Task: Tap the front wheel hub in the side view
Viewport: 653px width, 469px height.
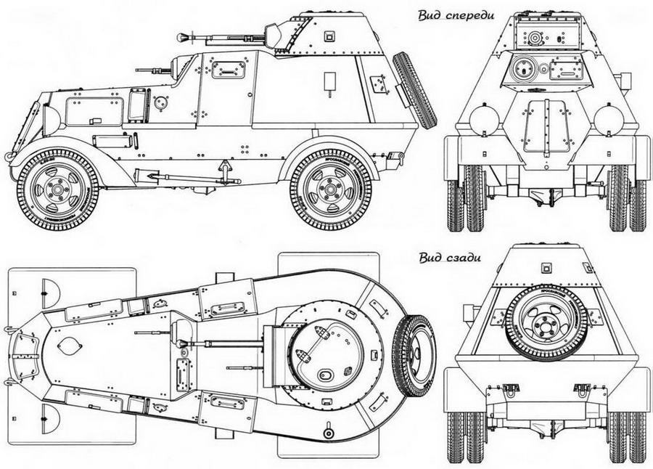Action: (57, 190)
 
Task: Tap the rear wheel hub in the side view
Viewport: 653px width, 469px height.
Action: (330, 190)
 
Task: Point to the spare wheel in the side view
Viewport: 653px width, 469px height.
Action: (414, 90)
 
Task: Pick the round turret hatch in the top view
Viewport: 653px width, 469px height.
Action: (320, 351)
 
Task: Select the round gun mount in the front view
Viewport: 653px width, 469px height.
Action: (521, 70)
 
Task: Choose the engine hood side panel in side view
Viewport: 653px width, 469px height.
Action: (94, 111)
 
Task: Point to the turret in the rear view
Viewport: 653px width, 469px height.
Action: (546, 264)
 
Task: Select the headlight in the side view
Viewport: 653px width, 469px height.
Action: (50, 120)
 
